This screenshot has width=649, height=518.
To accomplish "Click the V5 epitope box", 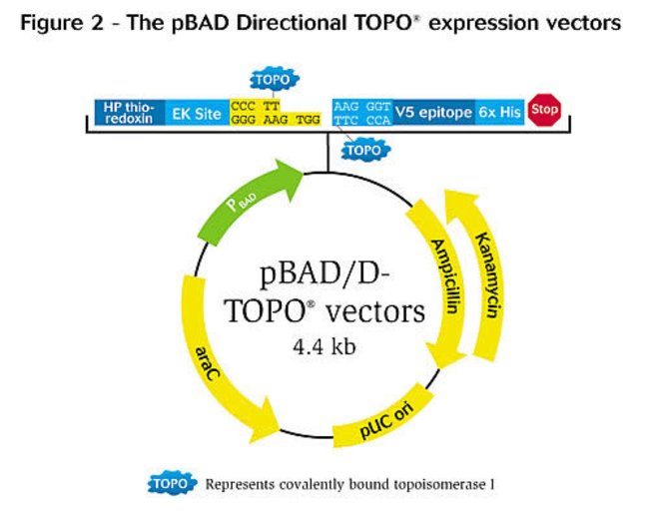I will coord(433,113).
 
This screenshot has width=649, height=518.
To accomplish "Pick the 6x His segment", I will coord(499,113).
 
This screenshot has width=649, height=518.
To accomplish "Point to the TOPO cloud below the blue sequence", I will coord(364,149).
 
